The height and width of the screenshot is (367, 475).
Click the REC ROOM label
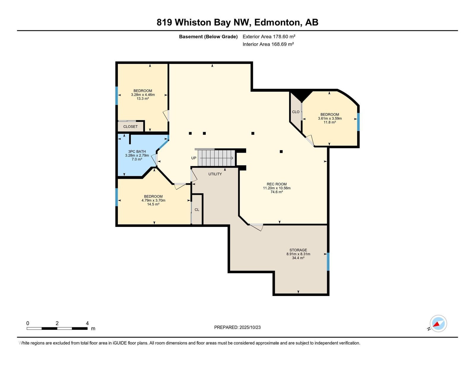click(276, 184)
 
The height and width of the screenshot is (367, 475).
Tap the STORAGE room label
click(298, 250)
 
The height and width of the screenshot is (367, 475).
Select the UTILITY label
click(215, 174)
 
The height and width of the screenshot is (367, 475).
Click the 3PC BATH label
click(137, 151)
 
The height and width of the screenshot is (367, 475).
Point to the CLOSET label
click(130, 126)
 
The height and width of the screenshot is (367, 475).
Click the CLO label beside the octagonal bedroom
click(295, 112)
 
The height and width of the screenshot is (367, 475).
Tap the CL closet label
click(197, 210)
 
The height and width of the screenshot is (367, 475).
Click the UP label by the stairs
click(194, 158)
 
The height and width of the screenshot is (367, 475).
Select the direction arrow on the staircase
click(216, 158)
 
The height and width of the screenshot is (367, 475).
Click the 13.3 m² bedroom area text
click(143, 99)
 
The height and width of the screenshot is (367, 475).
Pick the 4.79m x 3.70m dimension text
click(153, 200)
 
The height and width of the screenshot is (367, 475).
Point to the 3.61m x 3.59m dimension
click(330, 118)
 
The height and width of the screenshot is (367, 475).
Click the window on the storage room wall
click(328, 262)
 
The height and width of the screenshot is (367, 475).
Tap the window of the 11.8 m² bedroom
click(358, 122)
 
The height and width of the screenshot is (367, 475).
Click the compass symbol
click(438, 324)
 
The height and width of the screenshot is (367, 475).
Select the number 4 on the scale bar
click(87, 323)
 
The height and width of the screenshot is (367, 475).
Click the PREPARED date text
click(237, 327)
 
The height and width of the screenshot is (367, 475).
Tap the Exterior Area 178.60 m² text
click(269, 37)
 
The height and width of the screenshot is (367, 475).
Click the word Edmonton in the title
click(277, 22)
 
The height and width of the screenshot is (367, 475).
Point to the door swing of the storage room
click(256, 227)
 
